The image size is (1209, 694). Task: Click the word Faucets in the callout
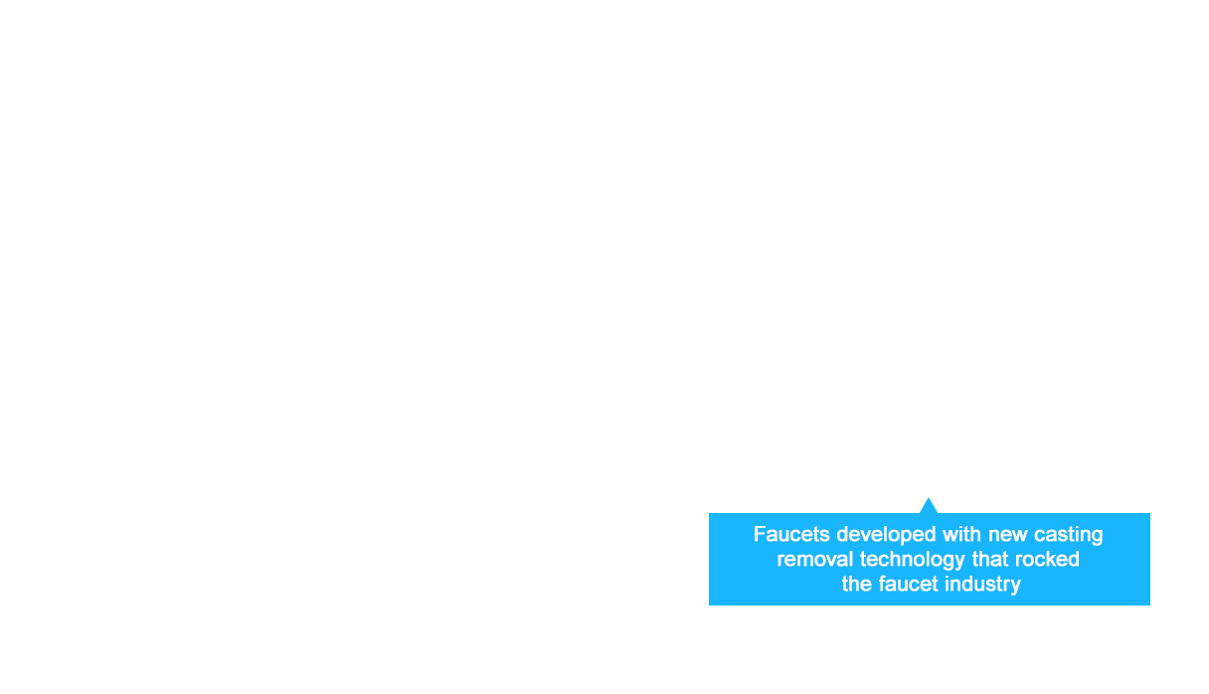click(791, 535)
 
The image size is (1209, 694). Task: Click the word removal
click(815, 560)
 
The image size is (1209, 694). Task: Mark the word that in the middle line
click(990, 560)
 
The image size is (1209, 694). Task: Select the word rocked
click(1047, 560)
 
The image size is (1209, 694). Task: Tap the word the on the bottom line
click(857, 585)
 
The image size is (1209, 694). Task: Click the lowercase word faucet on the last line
click(909, 585)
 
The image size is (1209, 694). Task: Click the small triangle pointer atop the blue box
click(929, 506)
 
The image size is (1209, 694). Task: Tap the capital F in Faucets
click(760, 535)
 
